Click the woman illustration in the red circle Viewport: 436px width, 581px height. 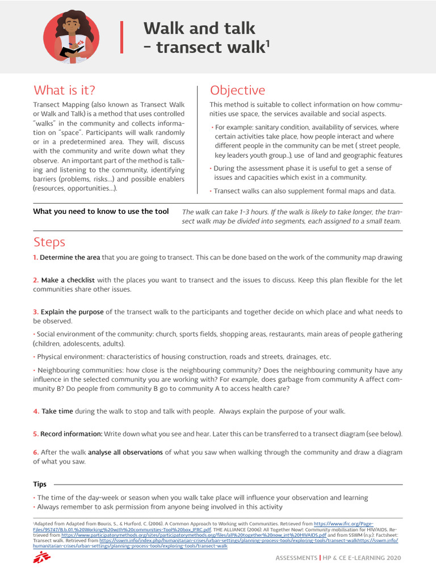[71, 37]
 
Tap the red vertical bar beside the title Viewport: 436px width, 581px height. [121, 37]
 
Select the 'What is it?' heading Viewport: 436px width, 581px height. [64, 90]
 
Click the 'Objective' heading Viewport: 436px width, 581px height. [237, 90]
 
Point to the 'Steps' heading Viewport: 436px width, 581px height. [49, 242]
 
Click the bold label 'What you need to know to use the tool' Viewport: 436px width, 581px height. [100, 212]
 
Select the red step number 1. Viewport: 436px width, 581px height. [35, 258]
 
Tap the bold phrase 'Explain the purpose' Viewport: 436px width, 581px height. [72, 312]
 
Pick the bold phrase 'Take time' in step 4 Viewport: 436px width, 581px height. [57, 411]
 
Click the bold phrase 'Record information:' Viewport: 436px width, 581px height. [72, 434]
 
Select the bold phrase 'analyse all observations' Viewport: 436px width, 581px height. [125, 453]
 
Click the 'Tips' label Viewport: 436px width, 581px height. [40, 485]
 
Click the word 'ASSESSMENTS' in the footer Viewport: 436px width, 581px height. [296, 558]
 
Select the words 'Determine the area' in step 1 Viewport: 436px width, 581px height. [70, 258]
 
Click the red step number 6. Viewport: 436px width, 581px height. [35, 453]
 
